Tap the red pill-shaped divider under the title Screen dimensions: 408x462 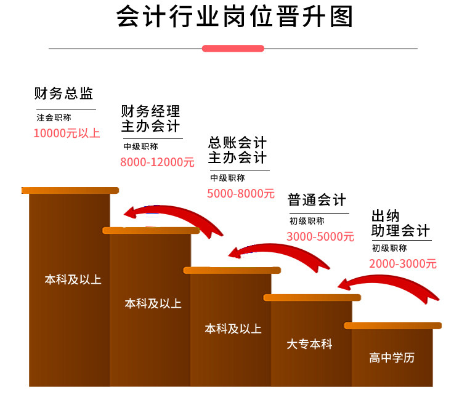233,48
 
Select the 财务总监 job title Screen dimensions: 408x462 63,94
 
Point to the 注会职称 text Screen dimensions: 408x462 54,118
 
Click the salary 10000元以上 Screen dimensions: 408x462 66,133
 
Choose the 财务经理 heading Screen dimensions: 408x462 151,111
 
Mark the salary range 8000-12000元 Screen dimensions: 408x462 157,162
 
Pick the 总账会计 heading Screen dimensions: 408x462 238,143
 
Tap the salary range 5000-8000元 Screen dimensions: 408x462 241,193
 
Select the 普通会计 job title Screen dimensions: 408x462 317,201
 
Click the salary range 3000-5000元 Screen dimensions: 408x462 320,236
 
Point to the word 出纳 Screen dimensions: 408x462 386,216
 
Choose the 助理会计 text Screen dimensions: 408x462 400,231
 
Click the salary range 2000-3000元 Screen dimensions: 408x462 403,263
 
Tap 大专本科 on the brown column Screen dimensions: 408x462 309,344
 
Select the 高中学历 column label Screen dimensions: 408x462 392,358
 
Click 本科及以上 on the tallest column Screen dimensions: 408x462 73,279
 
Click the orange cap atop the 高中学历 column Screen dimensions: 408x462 393,326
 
